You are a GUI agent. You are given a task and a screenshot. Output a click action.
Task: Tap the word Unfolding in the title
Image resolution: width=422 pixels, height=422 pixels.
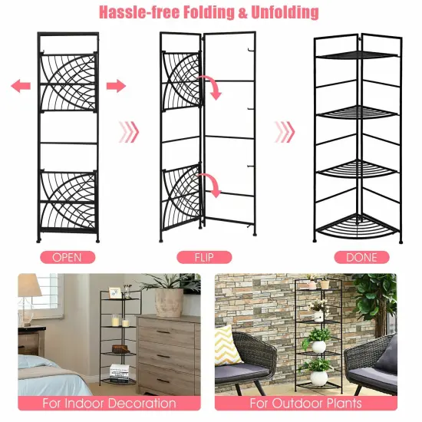[x=282, y=13]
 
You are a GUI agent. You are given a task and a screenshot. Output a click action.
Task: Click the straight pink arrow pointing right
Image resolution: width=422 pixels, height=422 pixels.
[x=116, y=85]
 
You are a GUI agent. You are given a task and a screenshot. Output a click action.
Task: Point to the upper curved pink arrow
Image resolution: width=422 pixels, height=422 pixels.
[x=213, y=87]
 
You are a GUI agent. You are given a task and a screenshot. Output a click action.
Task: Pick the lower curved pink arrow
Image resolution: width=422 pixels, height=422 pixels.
[x=210, y=185]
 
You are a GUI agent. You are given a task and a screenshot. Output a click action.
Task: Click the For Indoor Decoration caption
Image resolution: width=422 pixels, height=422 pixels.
[x=109, y=403]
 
